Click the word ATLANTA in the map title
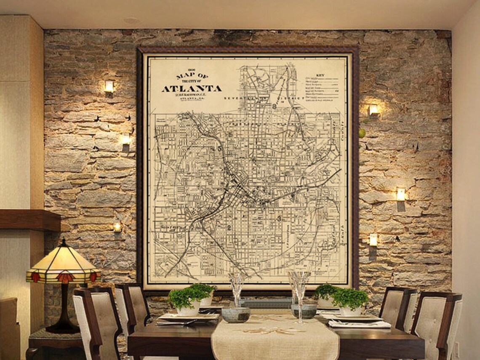pos(192,89)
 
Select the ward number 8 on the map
pos(274,107)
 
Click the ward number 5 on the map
pos(219,148)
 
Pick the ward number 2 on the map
pos(229,228)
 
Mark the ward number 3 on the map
pos(279,218)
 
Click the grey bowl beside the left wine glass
pos(235,315)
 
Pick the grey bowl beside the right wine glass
pos(304,311)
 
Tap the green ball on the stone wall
pos(362,133)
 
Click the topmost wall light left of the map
pos(109,86)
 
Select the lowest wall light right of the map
pos(373,240)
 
